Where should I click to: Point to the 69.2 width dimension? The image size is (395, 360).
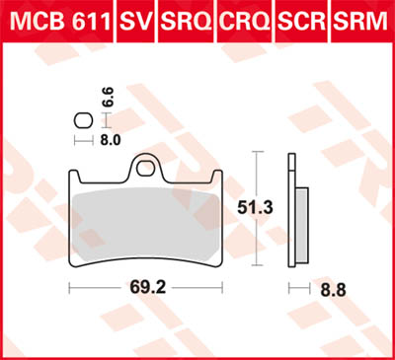pos(144,289)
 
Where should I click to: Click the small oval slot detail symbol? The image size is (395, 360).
pos(83,120)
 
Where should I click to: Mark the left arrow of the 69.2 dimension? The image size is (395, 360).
pos(71,289)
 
